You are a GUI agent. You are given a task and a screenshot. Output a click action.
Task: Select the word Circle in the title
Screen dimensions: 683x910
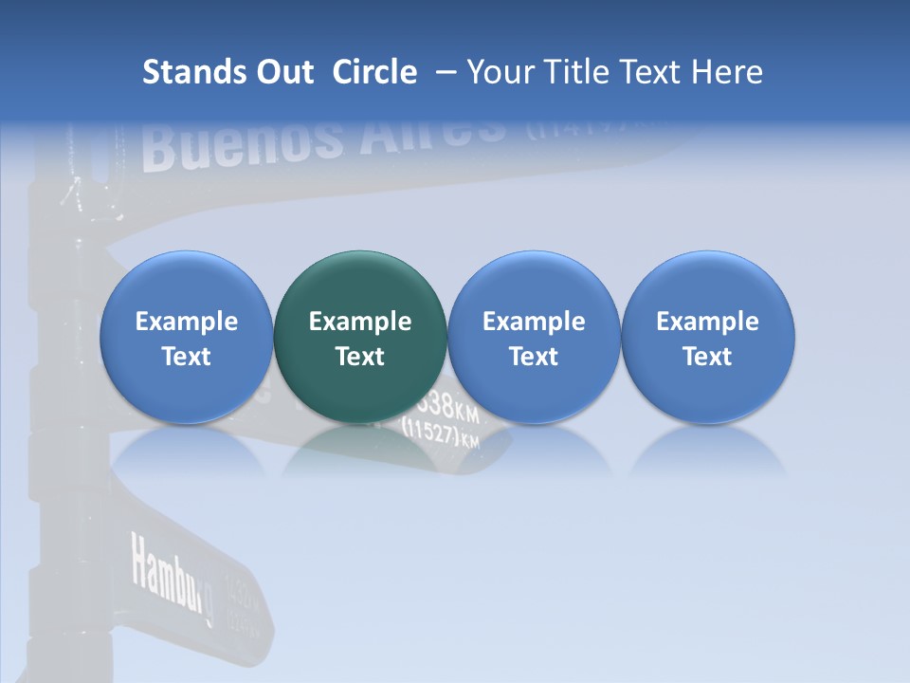point(374,72)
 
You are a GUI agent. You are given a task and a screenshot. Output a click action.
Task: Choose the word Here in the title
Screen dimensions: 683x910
point(726,72)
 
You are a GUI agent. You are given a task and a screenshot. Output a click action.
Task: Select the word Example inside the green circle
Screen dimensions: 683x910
point(360,322)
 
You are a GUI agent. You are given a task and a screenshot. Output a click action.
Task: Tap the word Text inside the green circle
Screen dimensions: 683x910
point(360,357)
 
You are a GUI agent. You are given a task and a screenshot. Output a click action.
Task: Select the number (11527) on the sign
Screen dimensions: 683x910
point(432,433)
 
